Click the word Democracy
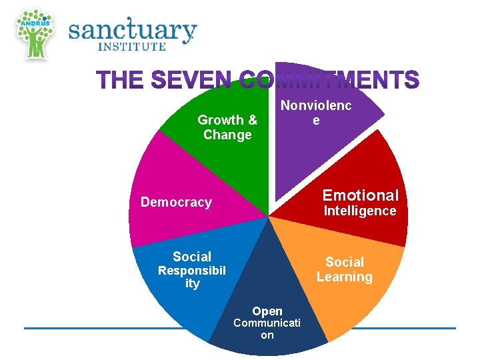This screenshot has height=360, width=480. click(176, 202)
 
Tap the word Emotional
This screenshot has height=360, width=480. click(361, 195)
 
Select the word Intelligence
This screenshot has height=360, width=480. click(360, 211)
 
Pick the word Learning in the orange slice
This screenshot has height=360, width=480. click(345, 277)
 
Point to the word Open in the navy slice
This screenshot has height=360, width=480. click(267, 311)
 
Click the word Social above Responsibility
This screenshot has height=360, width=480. click(192, 257)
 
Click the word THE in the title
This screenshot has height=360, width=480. click(120, 81)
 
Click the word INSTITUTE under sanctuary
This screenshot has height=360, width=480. click(132, 47)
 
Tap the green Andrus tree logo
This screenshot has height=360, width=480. click(35, 33)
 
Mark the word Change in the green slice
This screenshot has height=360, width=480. click(227, 135)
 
